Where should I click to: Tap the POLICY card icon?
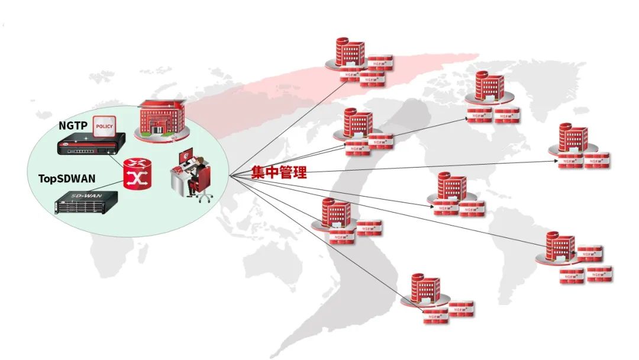pyautogui.click(x=105, y=126)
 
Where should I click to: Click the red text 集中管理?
pyautogui.click(x=279, y=173)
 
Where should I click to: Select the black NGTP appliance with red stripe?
pyautogui.click(x=91, y=144)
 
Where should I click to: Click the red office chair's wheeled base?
pyautogui.click(x=204, y=197)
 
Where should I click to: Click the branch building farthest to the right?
pyautogui.click(x=573, y=140)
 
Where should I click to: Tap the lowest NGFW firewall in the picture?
pyautogui.click(x=435, y=317)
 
